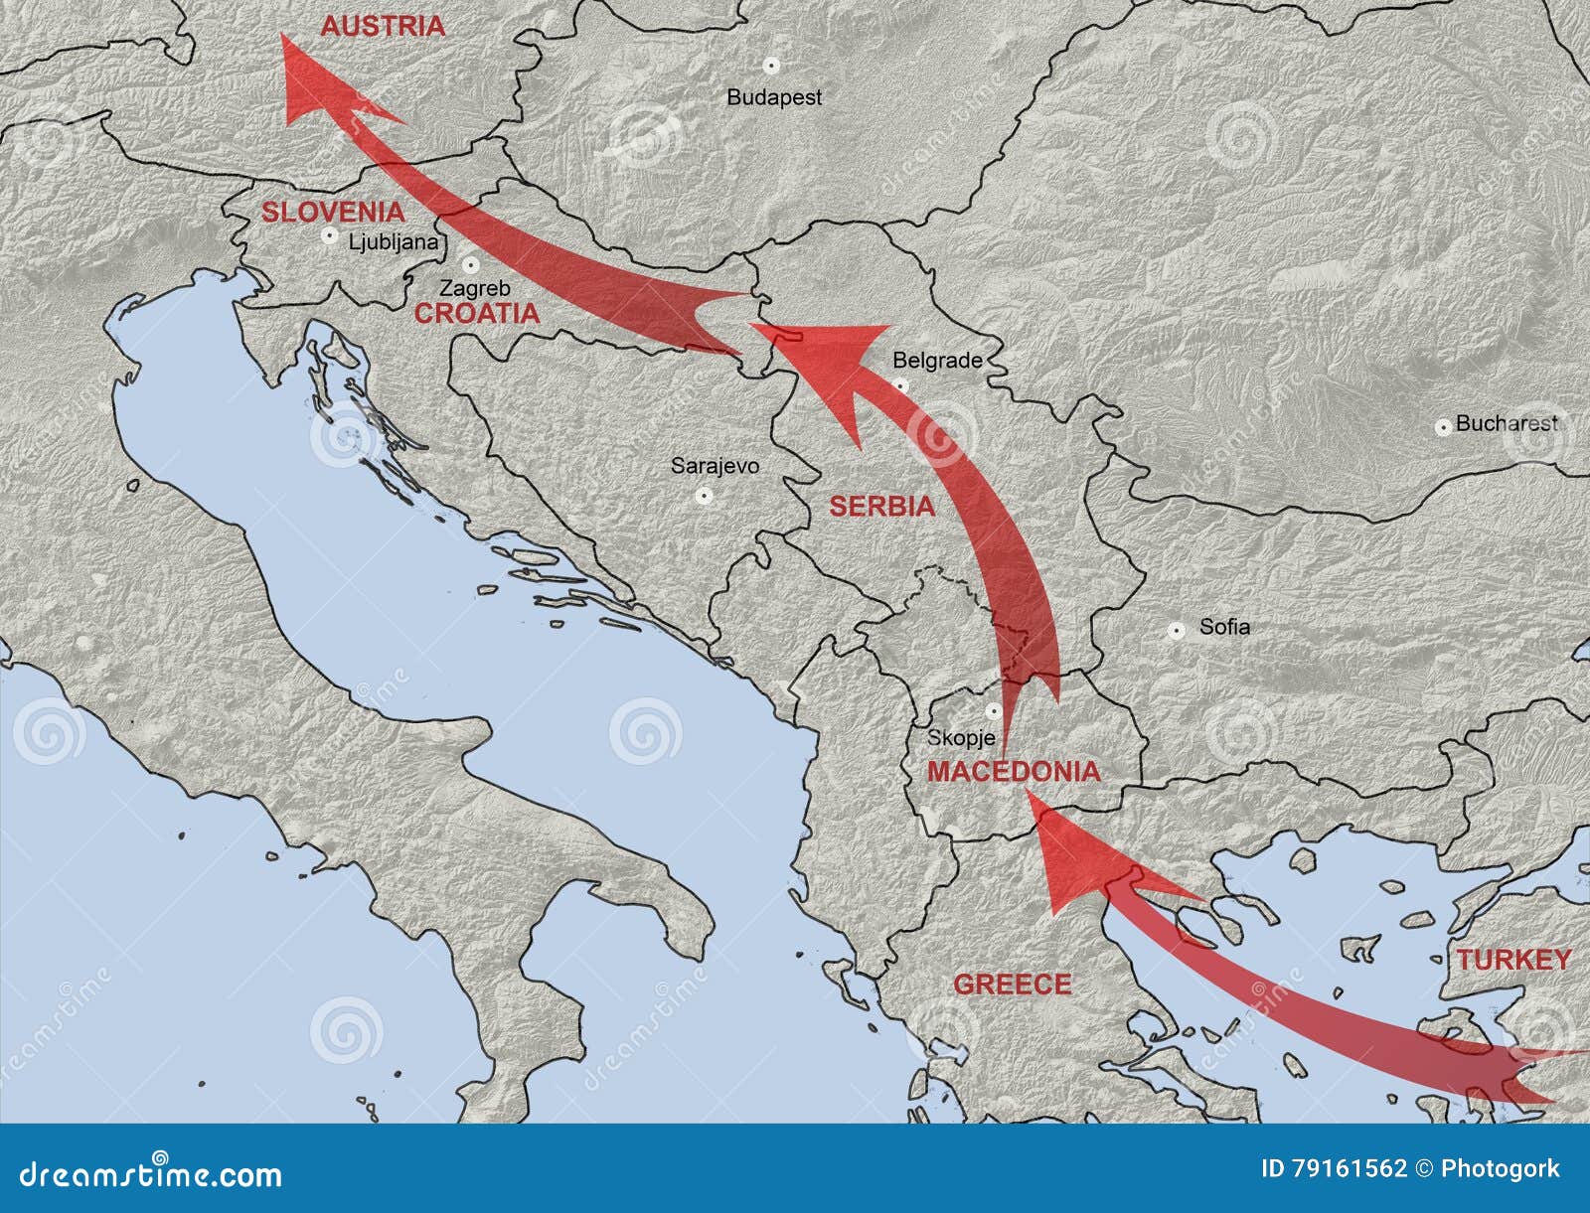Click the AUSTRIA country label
383,27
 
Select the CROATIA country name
477,314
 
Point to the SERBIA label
882,507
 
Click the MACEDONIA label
1014,772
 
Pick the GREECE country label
1013,985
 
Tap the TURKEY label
1513,960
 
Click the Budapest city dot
770,65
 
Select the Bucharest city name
1507,423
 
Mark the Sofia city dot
1176,630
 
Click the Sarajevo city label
715,465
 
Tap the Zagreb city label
475,289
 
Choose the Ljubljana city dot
329,236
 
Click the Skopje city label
961,738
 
